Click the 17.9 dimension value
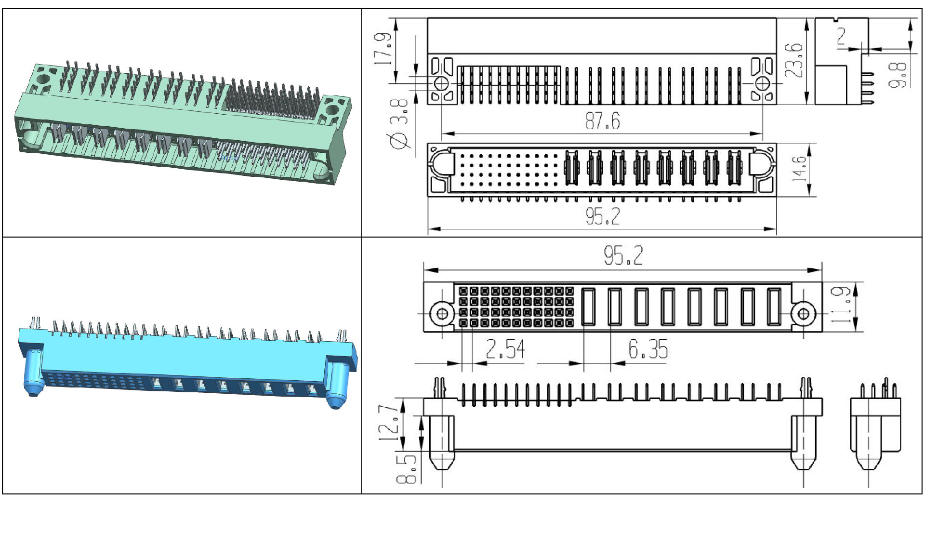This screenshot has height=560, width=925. coord(383,49)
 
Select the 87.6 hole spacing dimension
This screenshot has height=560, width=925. coord(602,121)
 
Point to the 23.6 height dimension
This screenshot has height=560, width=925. coord(794,60)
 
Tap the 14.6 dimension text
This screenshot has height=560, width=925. coord(799,168)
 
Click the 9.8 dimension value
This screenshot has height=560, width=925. coord(898,75)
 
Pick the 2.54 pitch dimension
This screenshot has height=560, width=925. coord(505,349)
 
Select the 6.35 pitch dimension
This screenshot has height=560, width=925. coord(648,349)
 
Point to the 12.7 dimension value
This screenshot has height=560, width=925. coord(388,423)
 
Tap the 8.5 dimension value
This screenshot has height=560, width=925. coord(406,468)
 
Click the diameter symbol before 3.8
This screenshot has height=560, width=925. coord(398,140)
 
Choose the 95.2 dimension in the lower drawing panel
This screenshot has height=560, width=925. coord(623,255)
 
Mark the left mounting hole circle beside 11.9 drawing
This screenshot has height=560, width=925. coord(442,314)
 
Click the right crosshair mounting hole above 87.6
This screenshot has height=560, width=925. coord(762,83)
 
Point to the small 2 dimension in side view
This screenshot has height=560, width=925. coord(841,36)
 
